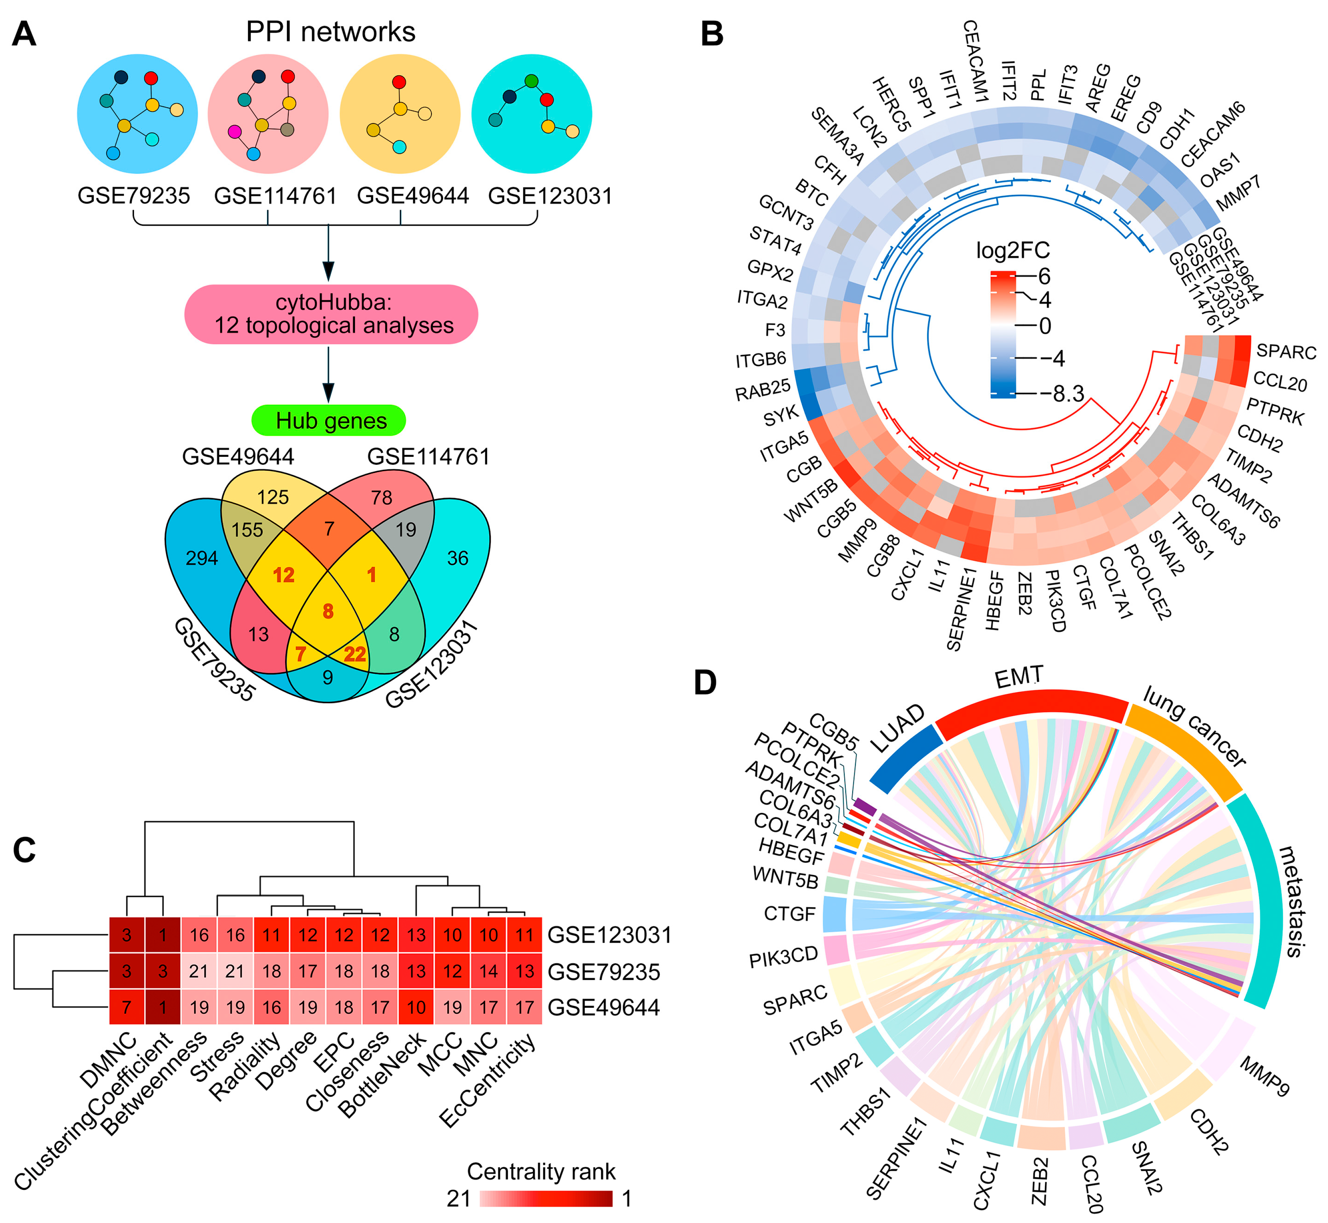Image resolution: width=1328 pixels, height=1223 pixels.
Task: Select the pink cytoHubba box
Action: [x=331, y=314]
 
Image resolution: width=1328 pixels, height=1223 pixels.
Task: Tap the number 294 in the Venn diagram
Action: [x=201, y=558]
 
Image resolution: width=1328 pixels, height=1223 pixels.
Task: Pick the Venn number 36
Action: [x=457, y=558]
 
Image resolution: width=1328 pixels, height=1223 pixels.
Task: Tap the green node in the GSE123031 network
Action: [x=531, y=81]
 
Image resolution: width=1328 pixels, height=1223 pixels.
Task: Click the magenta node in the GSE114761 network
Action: [x=235, y=132]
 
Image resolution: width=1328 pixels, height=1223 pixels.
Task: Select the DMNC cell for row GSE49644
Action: [x=126, y=1007]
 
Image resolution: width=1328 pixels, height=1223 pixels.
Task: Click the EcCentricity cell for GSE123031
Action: [x=524, y=935]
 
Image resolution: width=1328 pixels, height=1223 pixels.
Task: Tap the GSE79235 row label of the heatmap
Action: [x=604, y=972]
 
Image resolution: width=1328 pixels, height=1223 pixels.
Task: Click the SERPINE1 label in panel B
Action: [x=961, y=609]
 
